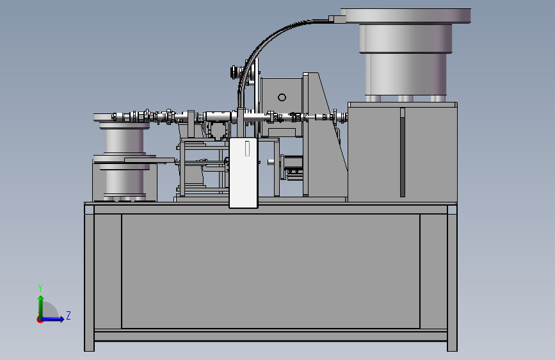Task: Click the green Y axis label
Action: tap(40, 288)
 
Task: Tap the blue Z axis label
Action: tap(68, 315)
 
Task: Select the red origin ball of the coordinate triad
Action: tap(40, 320)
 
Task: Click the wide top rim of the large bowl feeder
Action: tap(408, 15)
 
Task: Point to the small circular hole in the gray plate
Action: tap(282, 97)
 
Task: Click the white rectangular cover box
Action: tap(243, 173)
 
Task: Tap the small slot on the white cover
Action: tap(248, 149)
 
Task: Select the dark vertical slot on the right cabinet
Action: tap(403, 152)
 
